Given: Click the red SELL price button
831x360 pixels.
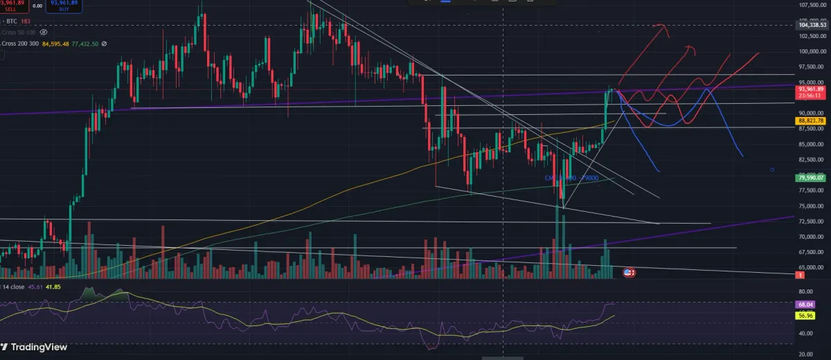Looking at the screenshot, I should pyautogui.click(x=14, y=6).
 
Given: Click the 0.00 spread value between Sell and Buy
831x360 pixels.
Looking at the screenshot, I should pyautogui.click(x=37, y=6).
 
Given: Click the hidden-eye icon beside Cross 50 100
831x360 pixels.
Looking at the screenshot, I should pyautogui.click(x=44, y=32).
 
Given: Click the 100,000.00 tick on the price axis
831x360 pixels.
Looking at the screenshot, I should pyautogui.click(x=812, y=51).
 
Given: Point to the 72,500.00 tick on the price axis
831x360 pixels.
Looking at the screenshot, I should pyautogui.click(x=812, y=222).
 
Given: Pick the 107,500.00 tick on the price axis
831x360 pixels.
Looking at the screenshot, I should pyautogui.click(x=812, y=6).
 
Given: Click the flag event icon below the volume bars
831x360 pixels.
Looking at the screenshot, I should pyautogui.click(x=629, y=273).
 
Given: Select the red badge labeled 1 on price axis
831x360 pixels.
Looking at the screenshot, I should pyautogui.click(x=801, y=276).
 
